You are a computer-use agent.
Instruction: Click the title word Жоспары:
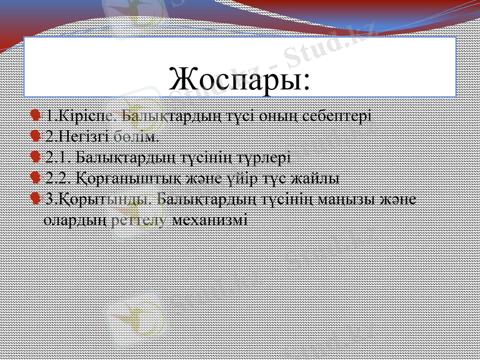240,79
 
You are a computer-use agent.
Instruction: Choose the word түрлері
264,157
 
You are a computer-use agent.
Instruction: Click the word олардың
76,220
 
